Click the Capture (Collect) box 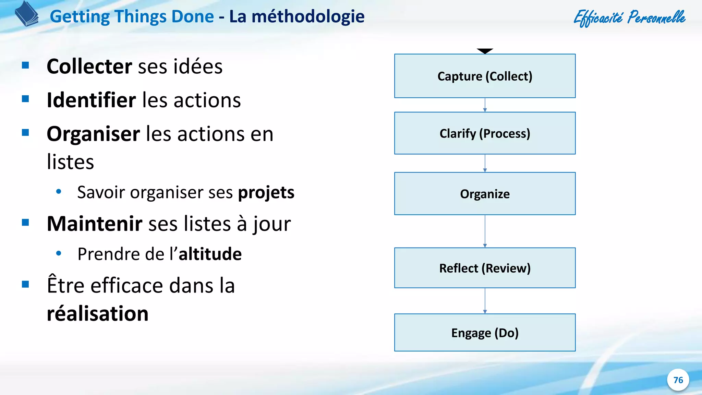pos(485,76)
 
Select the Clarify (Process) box pos(485,133)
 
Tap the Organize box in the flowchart pos(485,194)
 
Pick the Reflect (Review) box pos(485,268)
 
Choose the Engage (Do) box pos(485,333)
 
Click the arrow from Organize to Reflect pos(485,231)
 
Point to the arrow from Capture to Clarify pos(485,105)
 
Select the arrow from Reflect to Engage pos(485,301)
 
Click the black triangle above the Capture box pos(485,51)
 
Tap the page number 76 pos(678,380)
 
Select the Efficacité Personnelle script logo pos(629,17)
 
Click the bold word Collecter pos(89,67)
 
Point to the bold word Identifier pos(91,100)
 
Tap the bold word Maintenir pos(94,224)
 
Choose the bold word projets pos(266,193)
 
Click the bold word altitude pos(210,254)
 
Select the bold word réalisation pos(98,314)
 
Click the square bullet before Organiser pos(25,133)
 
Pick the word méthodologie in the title pos(308,16)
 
